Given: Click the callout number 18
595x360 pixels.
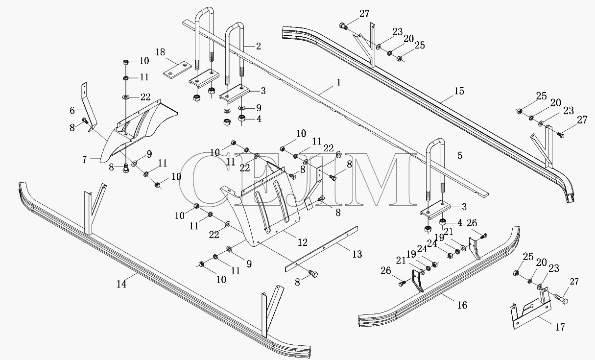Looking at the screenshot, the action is click(x=160, y=52).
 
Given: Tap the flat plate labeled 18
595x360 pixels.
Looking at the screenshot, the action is click(x=177, y=70).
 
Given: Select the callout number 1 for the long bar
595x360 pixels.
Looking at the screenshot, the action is click(x=338, y=82).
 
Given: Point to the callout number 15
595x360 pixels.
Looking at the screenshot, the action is click(x=459, y=91).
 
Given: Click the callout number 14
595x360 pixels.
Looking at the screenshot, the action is click(x=121, y=284).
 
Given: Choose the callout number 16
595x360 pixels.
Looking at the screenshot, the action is click(x=462, y=305).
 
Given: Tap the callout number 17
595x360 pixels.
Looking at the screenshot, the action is click(x=560, y=327).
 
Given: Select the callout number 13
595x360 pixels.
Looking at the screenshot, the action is click(x=357, y=254).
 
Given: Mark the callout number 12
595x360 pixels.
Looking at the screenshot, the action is click(x=303, y=242).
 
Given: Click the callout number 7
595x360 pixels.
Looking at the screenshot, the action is click(x=84, y=160).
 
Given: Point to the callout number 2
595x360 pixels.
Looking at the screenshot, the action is click(x=259, y=46).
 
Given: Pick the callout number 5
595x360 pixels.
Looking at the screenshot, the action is click(x=460, y=155).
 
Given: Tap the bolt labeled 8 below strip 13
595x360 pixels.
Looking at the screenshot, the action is click(x=313, y=274).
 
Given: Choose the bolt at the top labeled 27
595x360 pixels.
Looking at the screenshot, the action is click(x=343, y=26).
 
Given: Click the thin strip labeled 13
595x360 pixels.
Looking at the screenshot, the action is click(x=321, y=249).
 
